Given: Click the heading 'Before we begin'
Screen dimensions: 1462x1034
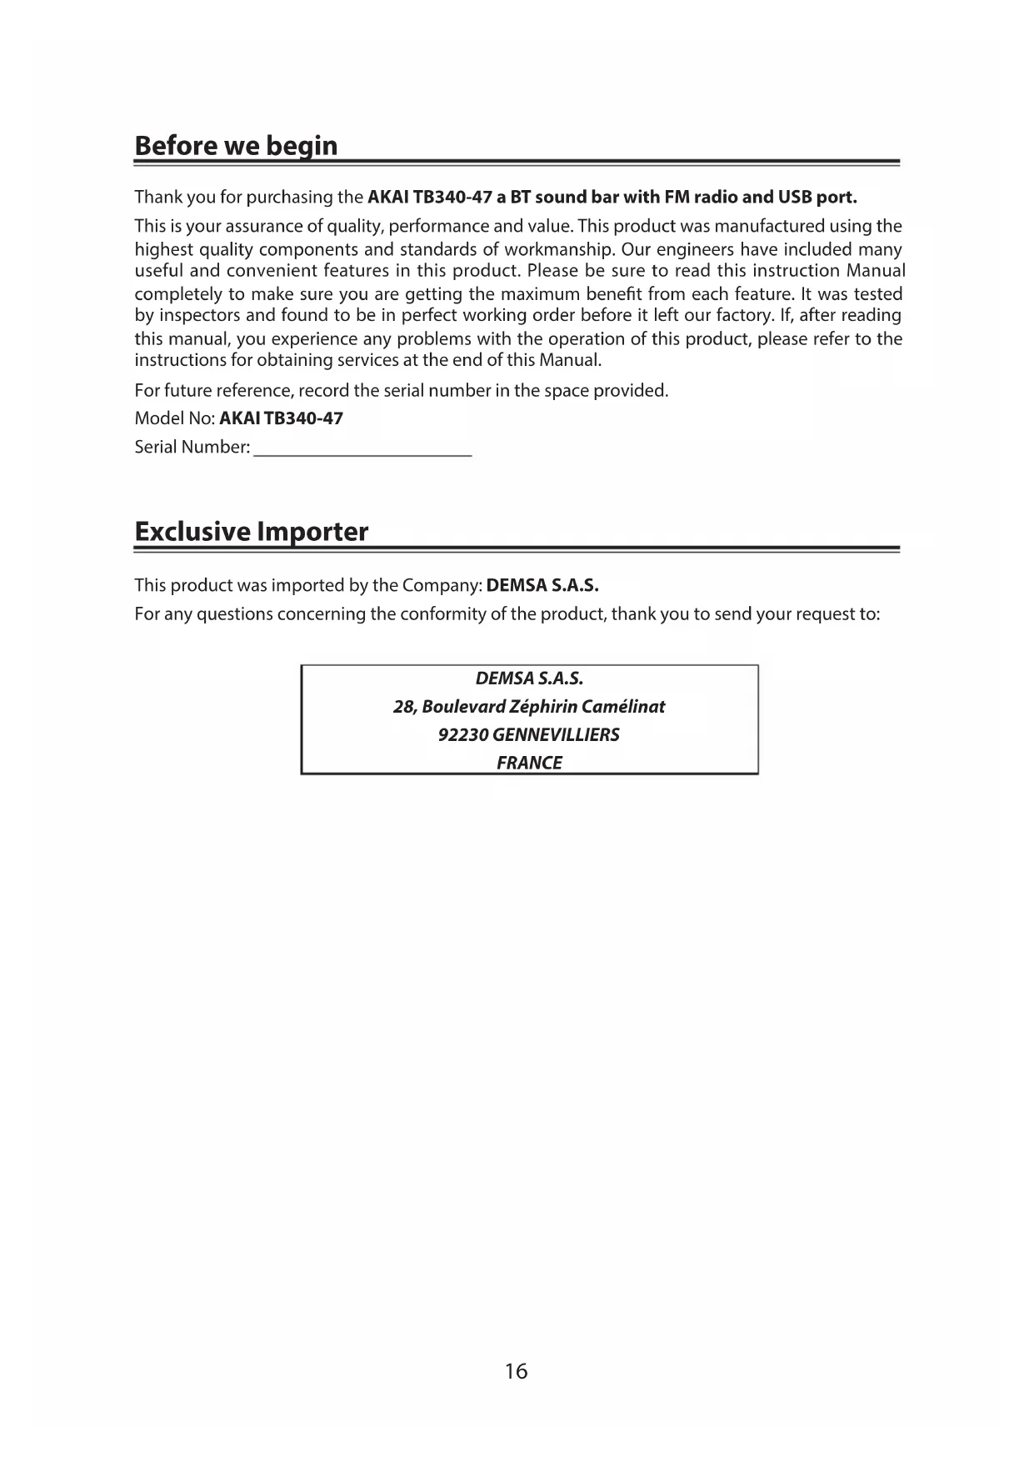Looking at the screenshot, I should coord(236,146).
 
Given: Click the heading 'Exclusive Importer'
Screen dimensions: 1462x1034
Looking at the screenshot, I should coord(251,532).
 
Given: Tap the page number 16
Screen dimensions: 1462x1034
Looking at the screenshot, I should coord(516,1370).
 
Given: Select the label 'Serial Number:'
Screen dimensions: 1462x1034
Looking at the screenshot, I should coord(192,448).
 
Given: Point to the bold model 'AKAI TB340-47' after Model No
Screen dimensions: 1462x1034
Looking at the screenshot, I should coord(281,418).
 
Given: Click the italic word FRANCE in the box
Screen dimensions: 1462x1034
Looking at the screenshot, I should coord(529,763).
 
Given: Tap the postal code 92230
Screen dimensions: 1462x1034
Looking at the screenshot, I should coord(462,734).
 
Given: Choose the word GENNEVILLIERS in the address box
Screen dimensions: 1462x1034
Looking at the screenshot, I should coord(556,734).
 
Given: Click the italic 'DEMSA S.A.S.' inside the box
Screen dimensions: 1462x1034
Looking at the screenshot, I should coord(529,678).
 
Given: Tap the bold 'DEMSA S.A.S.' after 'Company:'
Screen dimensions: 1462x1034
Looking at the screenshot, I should coord(542,585).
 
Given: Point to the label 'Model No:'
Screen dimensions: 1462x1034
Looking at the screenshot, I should coord(175,418).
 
